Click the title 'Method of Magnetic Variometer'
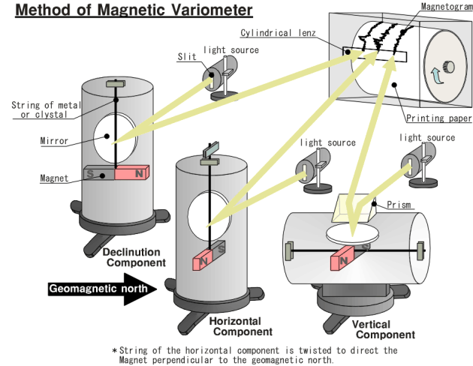(134, 10)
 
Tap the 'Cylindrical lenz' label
(278, 32)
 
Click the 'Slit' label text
(187, 57)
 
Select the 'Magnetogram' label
(447, 6)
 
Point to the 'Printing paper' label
(438, 118)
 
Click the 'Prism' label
(399, 205)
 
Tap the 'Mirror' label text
(54, 141)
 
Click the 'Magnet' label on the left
(54, 178)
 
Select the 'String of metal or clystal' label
(46, 109)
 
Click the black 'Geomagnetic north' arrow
(102, 289)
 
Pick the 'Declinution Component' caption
(134, 257)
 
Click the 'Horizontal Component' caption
(241, 326)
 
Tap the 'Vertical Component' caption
(383, 329)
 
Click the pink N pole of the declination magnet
(132, 172)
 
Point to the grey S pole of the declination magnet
(99, 173)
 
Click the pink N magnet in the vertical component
(342, 258)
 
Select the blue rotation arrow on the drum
(436, 75)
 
